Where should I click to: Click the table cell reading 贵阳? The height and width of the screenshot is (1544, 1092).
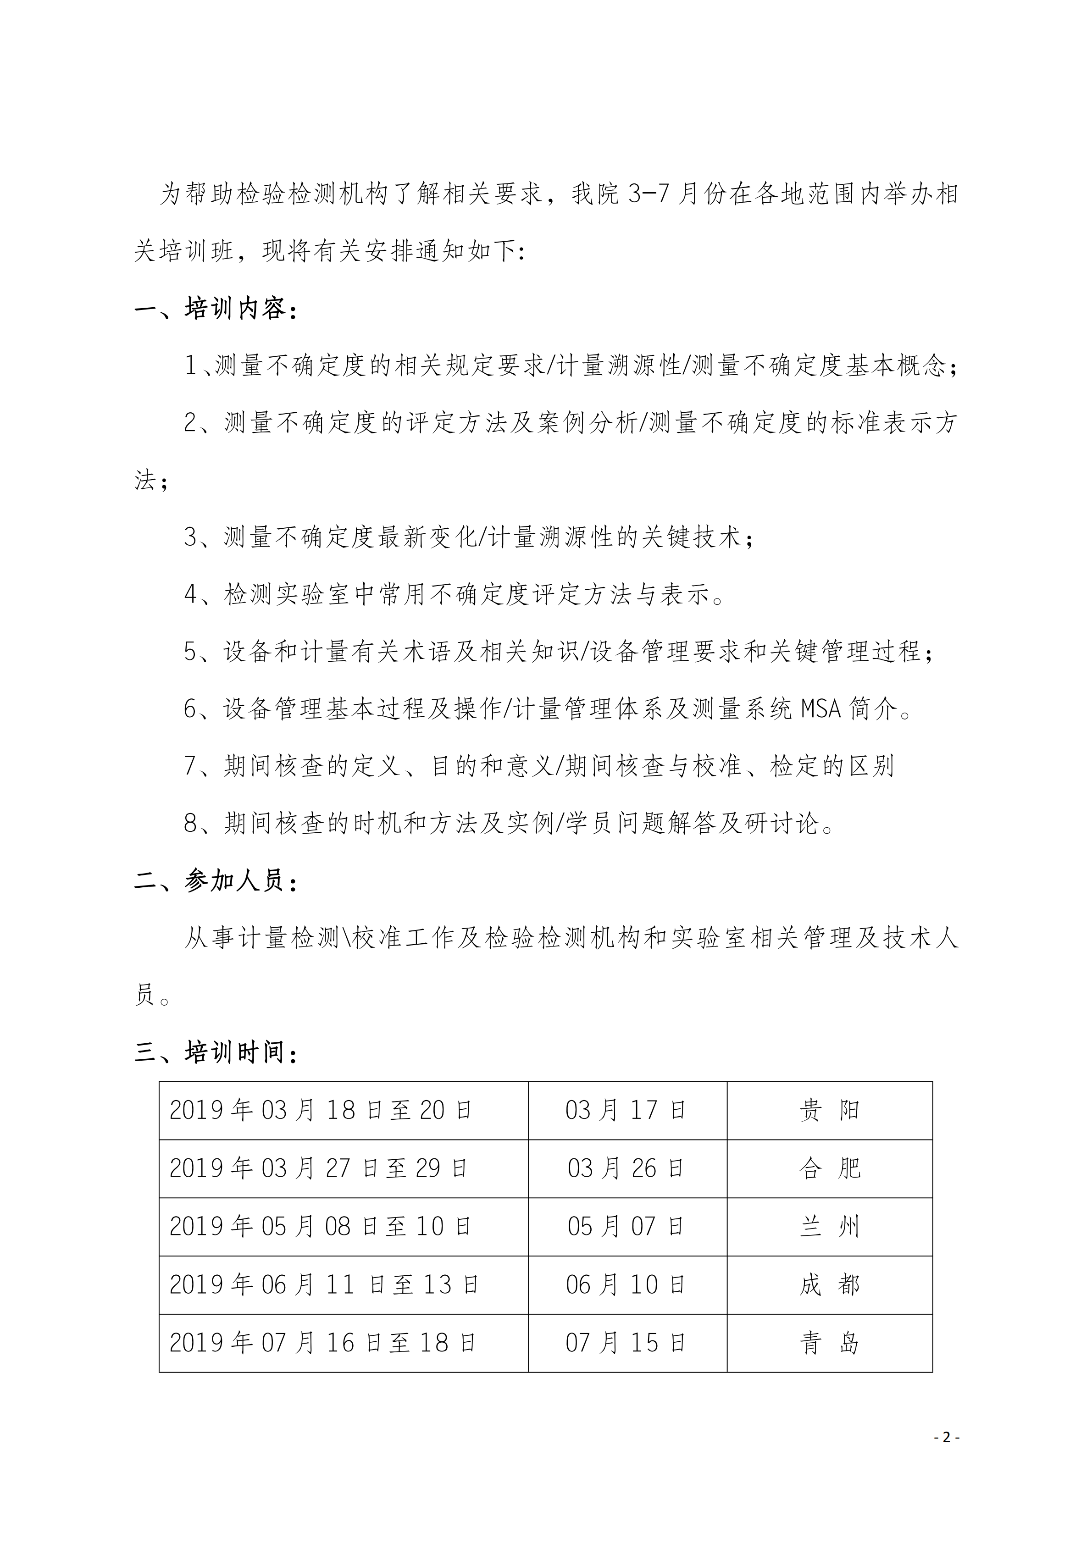[829, 1110]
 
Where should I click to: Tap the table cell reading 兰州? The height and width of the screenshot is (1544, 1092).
[829, 1227]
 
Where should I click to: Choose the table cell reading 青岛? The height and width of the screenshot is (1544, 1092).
[829, 1344]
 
